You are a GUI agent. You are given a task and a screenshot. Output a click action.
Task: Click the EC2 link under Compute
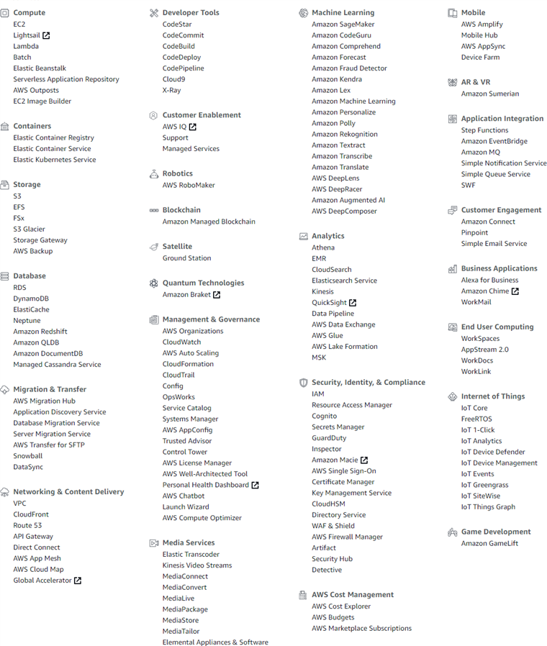(19, 24)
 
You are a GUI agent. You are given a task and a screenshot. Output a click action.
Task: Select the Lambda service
(26, 46)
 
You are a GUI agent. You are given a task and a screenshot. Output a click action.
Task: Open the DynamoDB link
(31, 299)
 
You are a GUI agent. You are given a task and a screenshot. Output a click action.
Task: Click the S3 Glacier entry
(29, 229)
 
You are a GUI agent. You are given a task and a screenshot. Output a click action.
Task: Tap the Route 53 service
(27, 525)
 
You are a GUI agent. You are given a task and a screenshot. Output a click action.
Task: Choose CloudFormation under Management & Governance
(188, 364)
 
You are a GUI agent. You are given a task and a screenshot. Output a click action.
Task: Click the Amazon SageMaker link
(343, 24)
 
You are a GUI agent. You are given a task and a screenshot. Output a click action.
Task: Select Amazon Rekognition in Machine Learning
(344, 134)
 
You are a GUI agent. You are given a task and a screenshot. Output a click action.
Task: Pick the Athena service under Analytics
(322, 247)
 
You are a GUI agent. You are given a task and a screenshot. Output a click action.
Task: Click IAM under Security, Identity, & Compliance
(317, 393)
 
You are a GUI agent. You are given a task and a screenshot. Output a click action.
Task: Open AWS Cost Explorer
(341, 606)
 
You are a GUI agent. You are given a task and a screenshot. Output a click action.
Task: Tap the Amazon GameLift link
(489, 543)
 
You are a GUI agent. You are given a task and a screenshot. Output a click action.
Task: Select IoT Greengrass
(484, 485)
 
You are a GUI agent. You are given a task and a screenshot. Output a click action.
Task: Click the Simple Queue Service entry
(495, 174)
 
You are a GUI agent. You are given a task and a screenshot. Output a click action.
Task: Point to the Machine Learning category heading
(343, 12)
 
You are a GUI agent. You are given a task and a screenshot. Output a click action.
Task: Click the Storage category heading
(27, 184)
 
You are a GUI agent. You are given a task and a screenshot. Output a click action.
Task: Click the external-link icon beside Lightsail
(46, 35)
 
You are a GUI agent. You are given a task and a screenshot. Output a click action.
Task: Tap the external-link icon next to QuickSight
(353, 303)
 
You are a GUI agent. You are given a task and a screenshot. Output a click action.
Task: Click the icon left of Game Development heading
(452, 532)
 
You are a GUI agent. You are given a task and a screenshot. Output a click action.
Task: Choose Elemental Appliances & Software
(215, 642)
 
